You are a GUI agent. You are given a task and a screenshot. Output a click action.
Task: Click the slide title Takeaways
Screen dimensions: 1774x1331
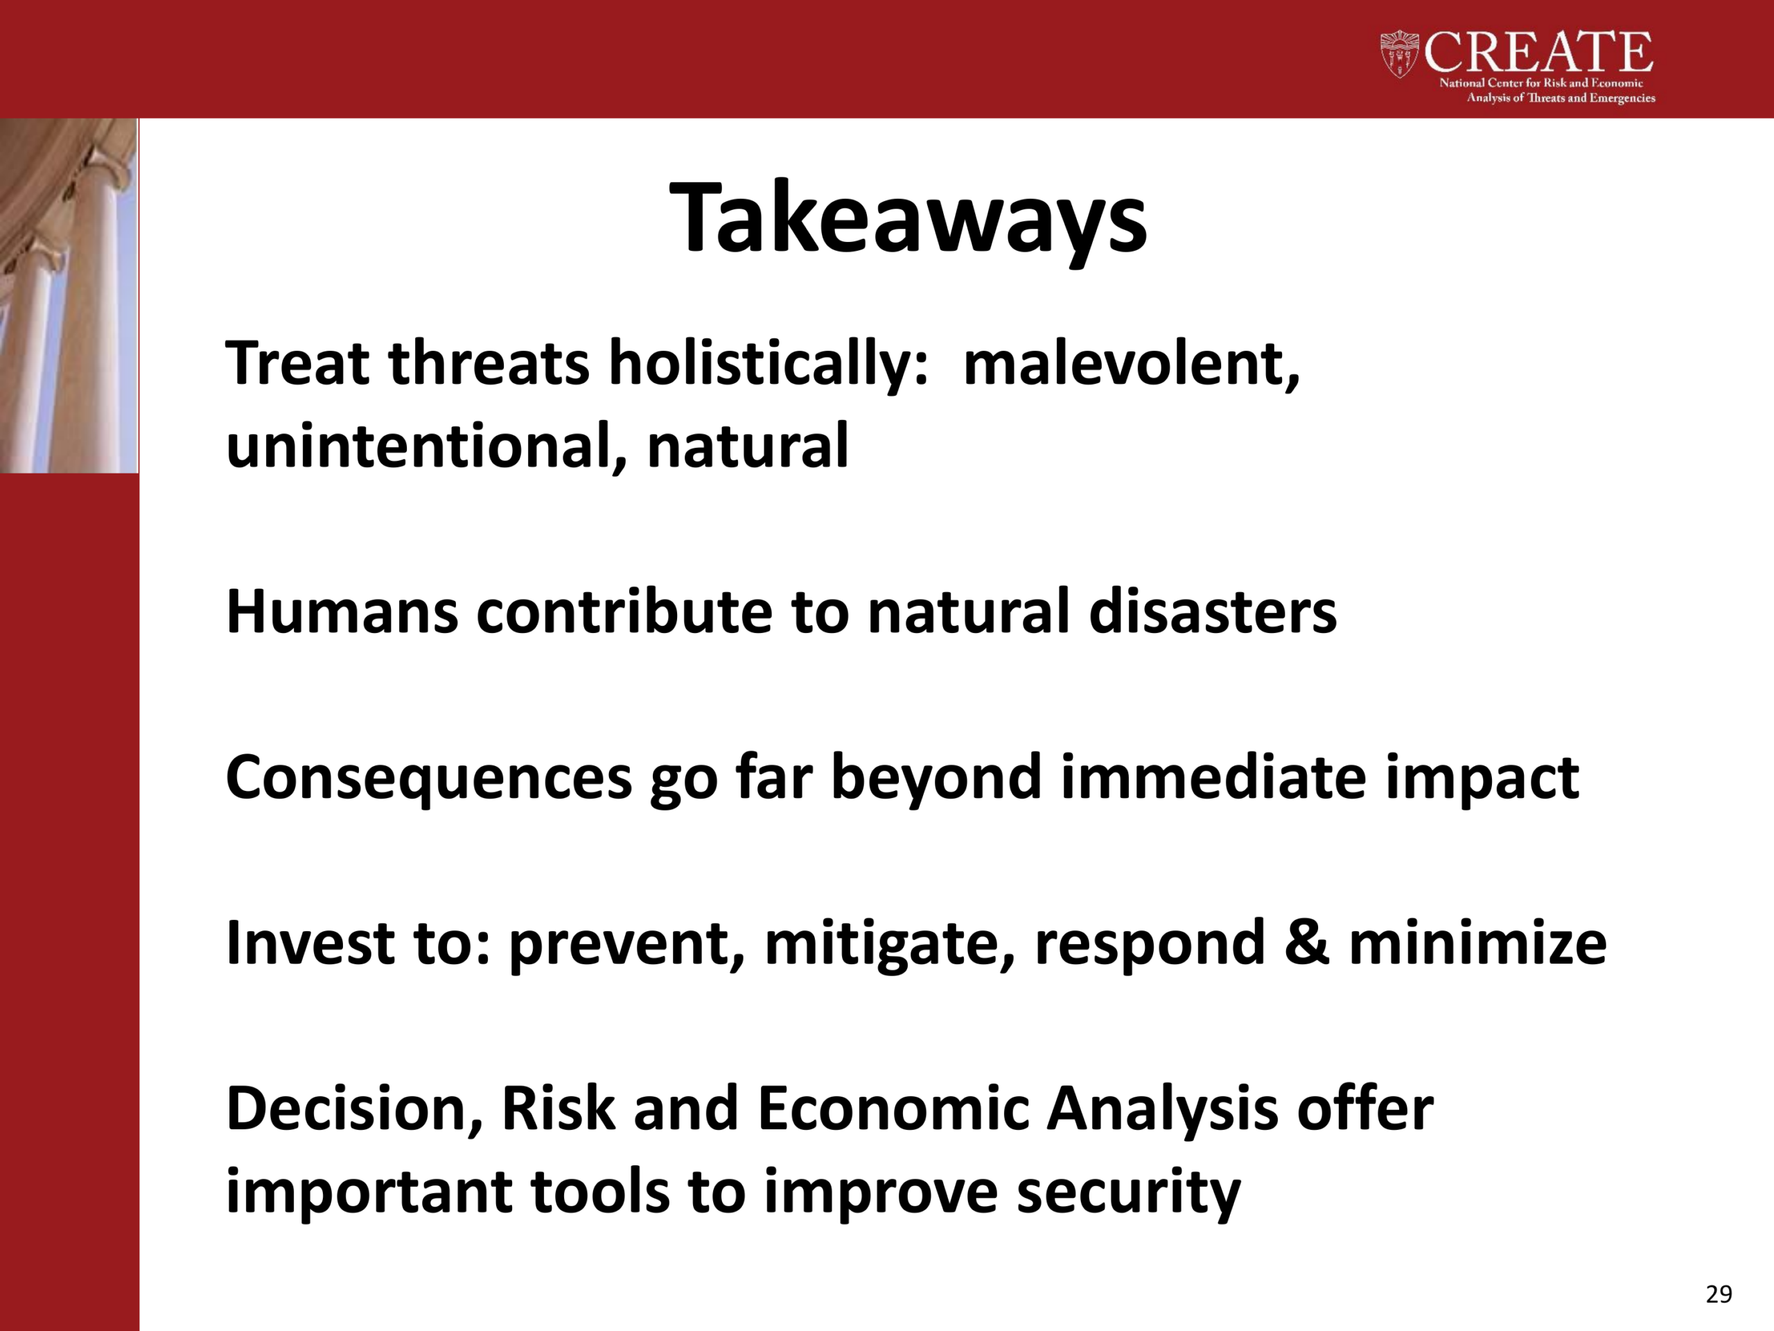click(908, 219)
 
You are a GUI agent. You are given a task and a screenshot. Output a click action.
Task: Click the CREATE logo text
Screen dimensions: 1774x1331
click(1538, 52)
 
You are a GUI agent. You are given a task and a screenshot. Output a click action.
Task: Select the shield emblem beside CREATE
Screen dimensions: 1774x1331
click(1400, 54)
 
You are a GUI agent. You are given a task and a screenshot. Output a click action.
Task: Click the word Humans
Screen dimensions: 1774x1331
click(342, 612)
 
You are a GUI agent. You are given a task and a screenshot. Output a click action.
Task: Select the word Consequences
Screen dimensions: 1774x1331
click(429, 778)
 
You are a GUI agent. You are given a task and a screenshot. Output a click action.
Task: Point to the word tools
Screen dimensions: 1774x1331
click(600, 1192)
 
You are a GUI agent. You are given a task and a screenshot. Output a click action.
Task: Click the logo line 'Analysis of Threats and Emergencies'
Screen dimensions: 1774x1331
click(1561, 98)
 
